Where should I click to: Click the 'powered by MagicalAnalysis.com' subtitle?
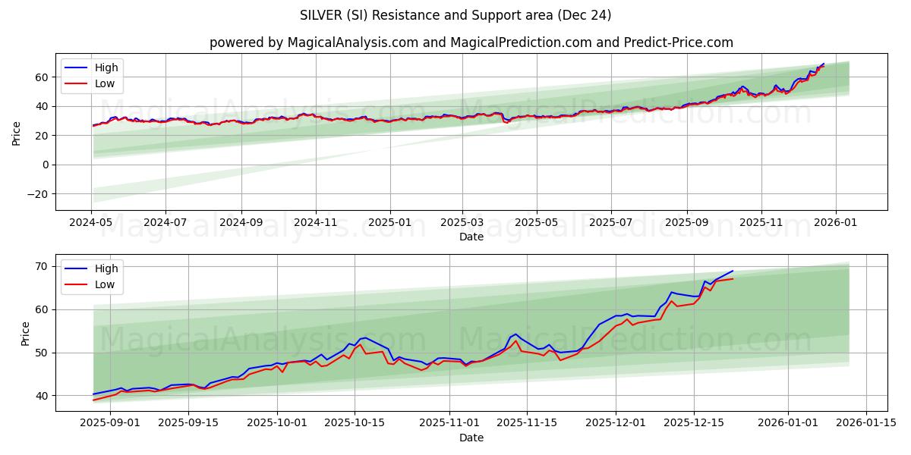click(x=471, y=42)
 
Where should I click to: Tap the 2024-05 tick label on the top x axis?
click(x=91, y=222)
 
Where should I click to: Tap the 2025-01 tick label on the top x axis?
click(x=390, y=222)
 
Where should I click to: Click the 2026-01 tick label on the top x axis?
click(x=836, y=222)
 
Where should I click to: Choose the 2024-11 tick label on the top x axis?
click(x=316, y=222)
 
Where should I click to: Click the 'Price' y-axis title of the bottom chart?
click(x=26, y=334)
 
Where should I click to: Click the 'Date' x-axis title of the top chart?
click(x=471, y=237)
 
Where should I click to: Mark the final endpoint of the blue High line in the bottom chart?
click(x=733, y=271)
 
